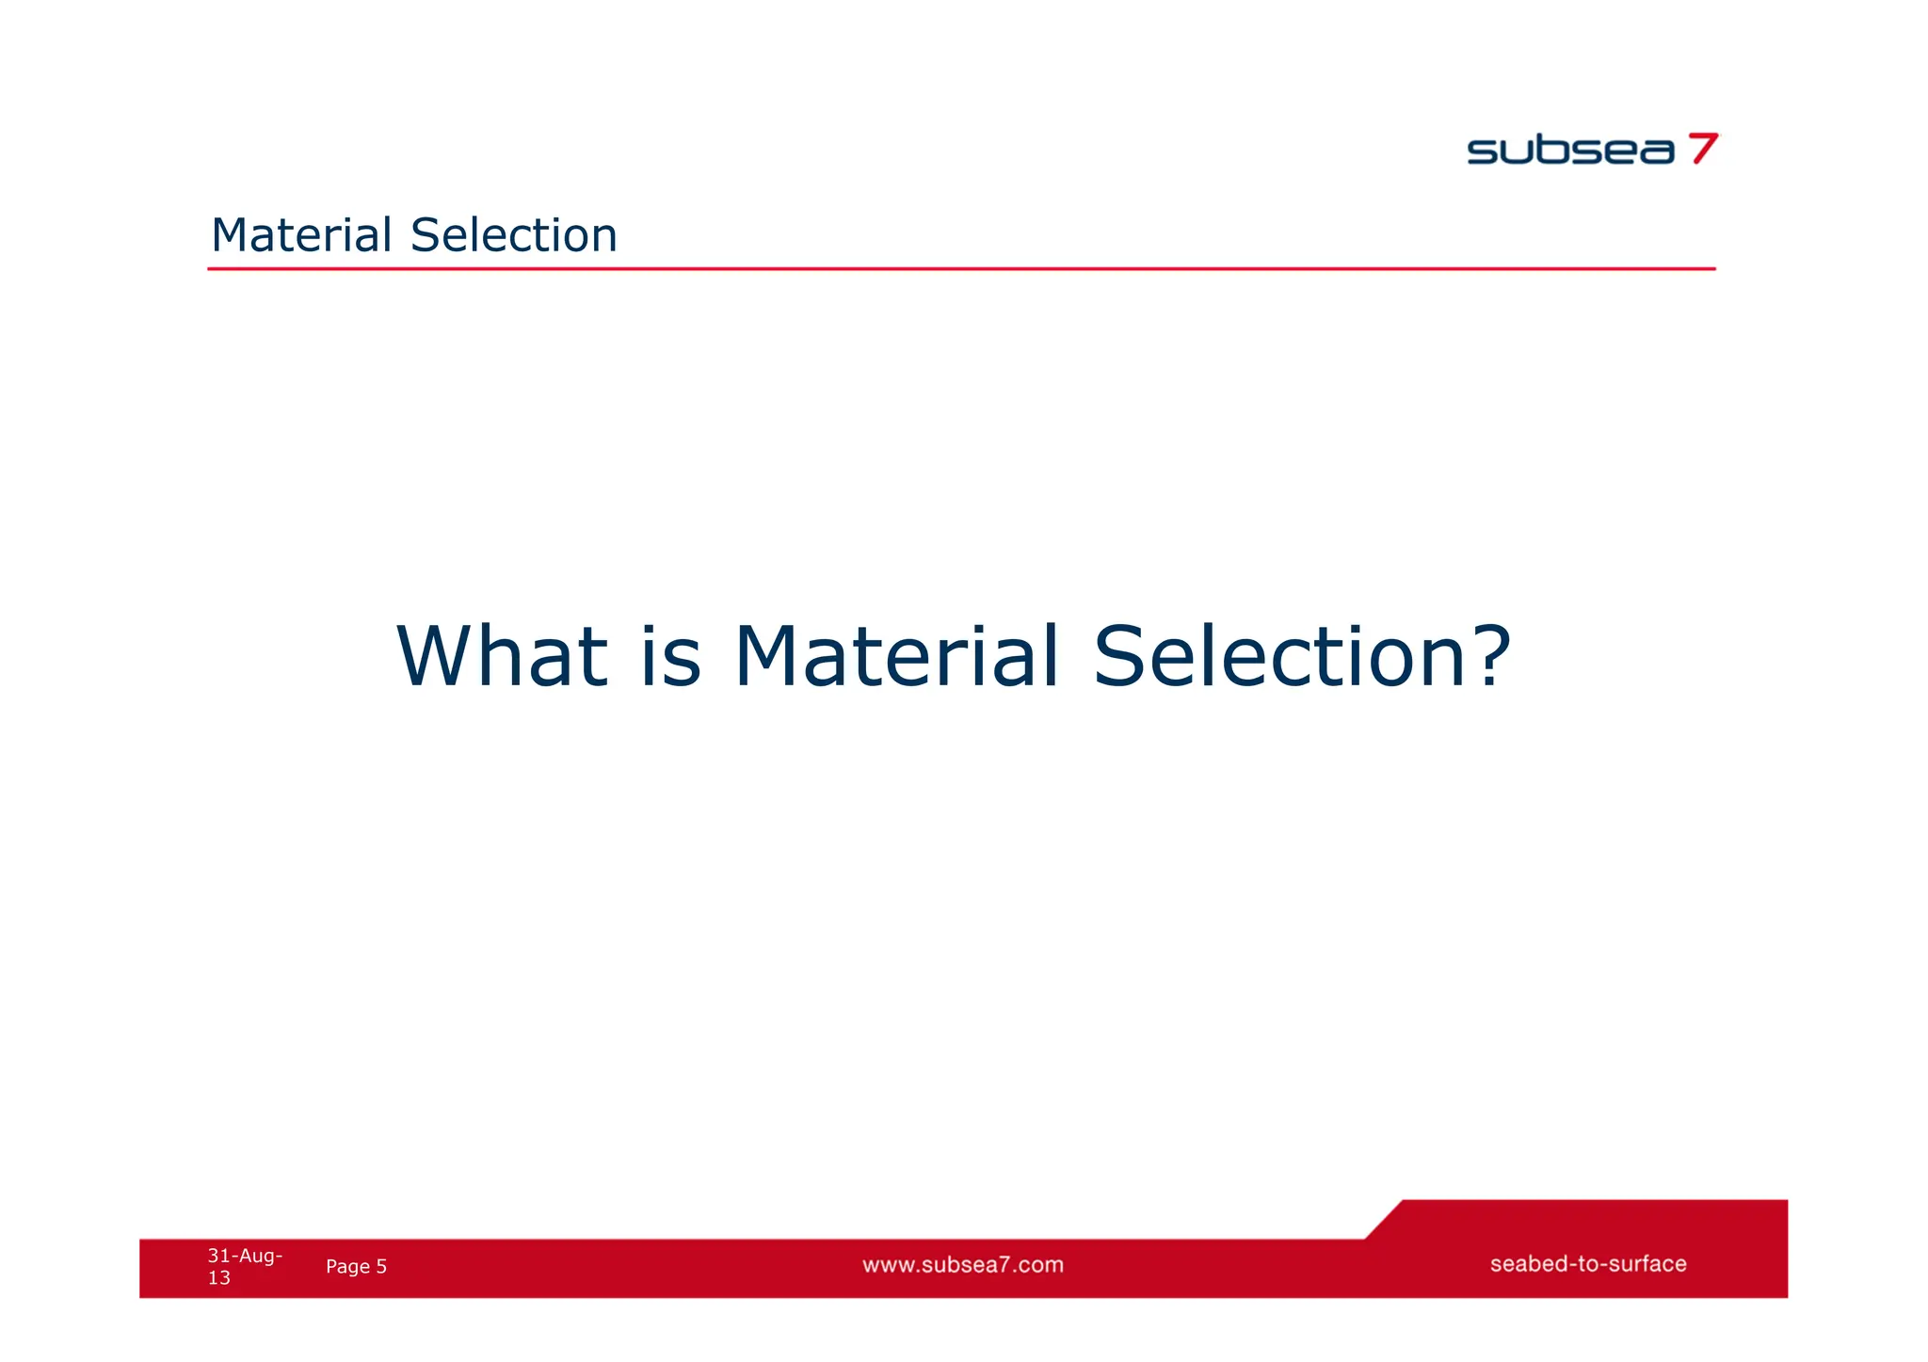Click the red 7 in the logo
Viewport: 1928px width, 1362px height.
(1705, 149)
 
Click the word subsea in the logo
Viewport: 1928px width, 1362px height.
(1570, 151)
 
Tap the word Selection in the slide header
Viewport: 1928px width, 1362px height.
(514, 235)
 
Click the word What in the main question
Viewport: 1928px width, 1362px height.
(502, 656)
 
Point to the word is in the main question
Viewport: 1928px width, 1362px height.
(670, 656)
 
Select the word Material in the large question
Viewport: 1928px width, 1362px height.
(897, 656)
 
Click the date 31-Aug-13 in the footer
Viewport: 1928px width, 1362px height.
(244, 1266)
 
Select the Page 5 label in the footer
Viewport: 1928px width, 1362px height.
(356, 1267)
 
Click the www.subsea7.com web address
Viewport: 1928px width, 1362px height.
(963, 1265)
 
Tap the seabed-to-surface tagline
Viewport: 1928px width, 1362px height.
(1588, 1264)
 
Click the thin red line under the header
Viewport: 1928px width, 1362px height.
(960, 269)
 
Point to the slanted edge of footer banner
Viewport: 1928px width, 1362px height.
(1383, 1220)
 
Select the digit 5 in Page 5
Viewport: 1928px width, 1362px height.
(381, 1267)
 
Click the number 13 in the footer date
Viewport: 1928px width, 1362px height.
(218, 1278)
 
